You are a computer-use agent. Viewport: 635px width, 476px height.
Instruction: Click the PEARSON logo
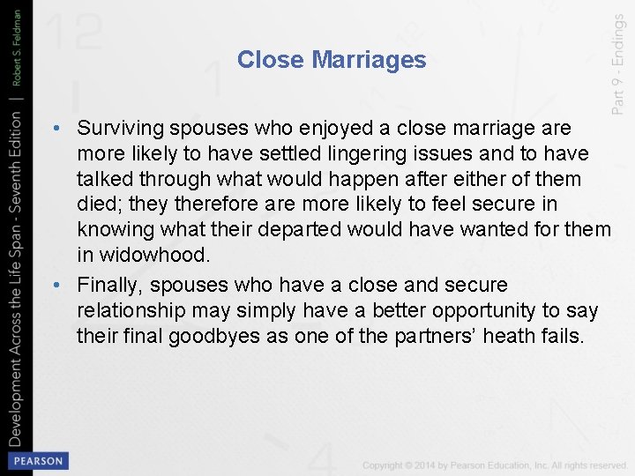pyautogui.click(x=38, y=460)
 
